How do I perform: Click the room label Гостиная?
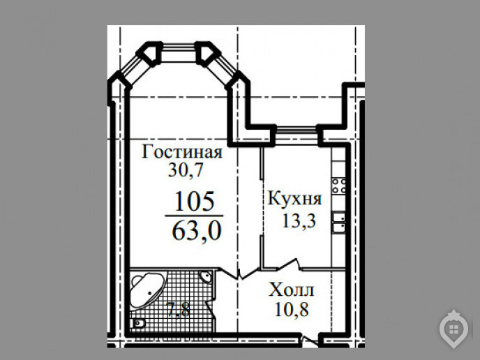point(182,151)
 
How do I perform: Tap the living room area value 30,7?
point(186,170)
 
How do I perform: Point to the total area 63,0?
point(196,231)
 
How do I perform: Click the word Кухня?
point(294,198)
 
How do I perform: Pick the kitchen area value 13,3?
point(299,220)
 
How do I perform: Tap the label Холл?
point(291,290)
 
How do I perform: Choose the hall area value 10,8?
point(292,309)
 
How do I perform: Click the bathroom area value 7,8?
point(179,308)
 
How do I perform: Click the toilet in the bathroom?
point(137,323)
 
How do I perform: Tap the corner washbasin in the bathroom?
point(206,277)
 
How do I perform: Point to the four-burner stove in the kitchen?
point(339,186)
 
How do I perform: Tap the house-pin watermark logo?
point(454,329)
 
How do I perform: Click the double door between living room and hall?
point(239,273)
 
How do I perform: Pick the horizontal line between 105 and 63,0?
point(194,216)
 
